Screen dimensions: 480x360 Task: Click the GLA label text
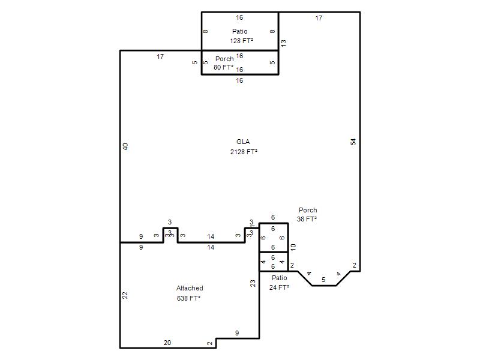tap(243, 142)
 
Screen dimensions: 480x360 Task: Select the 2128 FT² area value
tap(244, 152)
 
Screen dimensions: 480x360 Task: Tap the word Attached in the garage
tap(190, 288)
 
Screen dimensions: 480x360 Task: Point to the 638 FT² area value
tap(188, 298)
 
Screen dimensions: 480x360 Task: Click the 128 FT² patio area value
tap(242, 41)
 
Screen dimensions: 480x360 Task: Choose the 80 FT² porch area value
tap(223, 67)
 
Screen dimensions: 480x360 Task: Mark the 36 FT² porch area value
tap(307, 219)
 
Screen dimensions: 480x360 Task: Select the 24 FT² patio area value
tap(279, 287)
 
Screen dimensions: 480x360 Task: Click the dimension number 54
tap(353, 142)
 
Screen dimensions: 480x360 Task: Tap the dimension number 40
tap(125, 146)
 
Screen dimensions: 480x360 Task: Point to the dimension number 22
tap(125, 295)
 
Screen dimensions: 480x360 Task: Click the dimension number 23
tap(253, 283)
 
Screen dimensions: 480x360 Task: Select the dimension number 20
tap(167, 343)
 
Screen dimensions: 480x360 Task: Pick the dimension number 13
tap(283, 43)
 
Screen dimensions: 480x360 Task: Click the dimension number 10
tap(293, 247)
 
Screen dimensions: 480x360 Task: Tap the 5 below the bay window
tap(323, 280)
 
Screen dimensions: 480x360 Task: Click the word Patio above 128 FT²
tap(239, 31)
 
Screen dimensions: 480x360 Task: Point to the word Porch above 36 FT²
tap(308, 211)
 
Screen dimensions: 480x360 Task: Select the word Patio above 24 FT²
tap(280, 278)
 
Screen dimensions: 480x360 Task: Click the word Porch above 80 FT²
tap(224, 59)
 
